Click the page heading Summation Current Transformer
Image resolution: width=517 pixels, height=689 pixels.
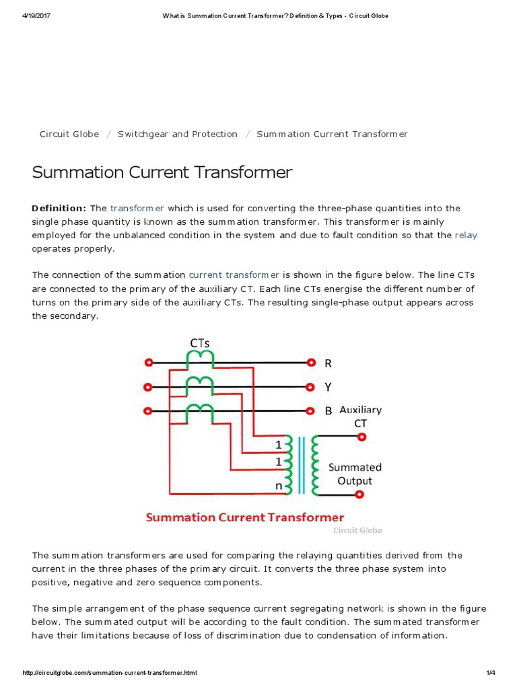(x=162, y=172)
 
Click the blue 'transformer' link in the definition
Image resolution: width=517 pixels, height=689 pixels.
(x=137, y=209)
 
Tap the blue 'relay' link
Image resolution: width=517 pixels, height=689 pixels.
(x=466, y=235)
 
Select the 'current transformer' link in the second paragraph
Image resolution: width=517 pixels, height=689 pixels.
(x=234, y=275)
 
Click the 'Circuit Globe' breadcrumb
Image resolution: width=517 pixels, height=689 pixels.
(x=69, y=134)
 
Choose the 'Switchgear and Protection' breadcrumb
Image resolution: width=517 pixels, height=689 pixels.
(x=178, y=134)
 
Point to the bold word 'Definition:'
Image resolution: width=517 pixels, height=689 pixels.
(x=59, y=209)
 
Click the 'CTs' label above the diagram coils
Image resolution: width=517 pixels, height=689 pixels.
(x=200, y=342)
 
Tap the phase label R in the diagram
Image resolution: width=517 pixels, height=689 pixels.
(x=329, y=363)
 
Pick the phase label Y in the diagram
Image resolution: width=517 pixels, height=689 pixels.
(x=329, y=387)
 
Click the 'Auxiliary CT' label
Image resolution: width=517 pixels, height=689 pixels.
(x=361, y=416)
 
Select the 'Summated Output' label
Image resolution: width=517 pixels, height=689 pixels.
(x=355, y=474)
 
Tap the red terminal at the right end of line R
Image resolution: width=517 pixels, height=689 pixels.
(x=311, y=363)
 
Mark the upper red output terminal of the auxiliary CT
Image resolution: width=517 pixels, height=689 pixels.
(x=361, y=437)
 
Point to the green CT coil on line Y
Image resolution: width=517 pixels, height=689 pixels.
(x=199, y=383)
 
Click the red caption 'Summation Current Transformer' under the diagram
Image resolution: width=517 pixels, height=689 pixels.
(x=245, y=517)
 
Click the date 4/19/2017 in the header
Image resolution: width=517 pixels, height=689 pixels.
(x=38, y=16)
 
